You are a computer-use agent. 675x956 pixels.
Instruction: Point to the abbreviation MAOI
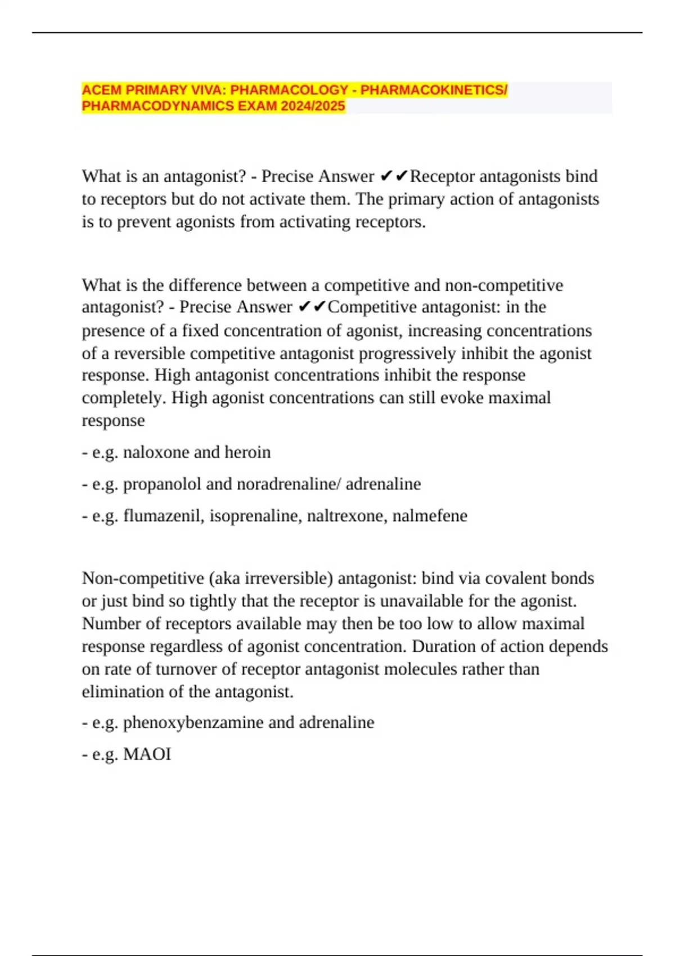147,754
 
